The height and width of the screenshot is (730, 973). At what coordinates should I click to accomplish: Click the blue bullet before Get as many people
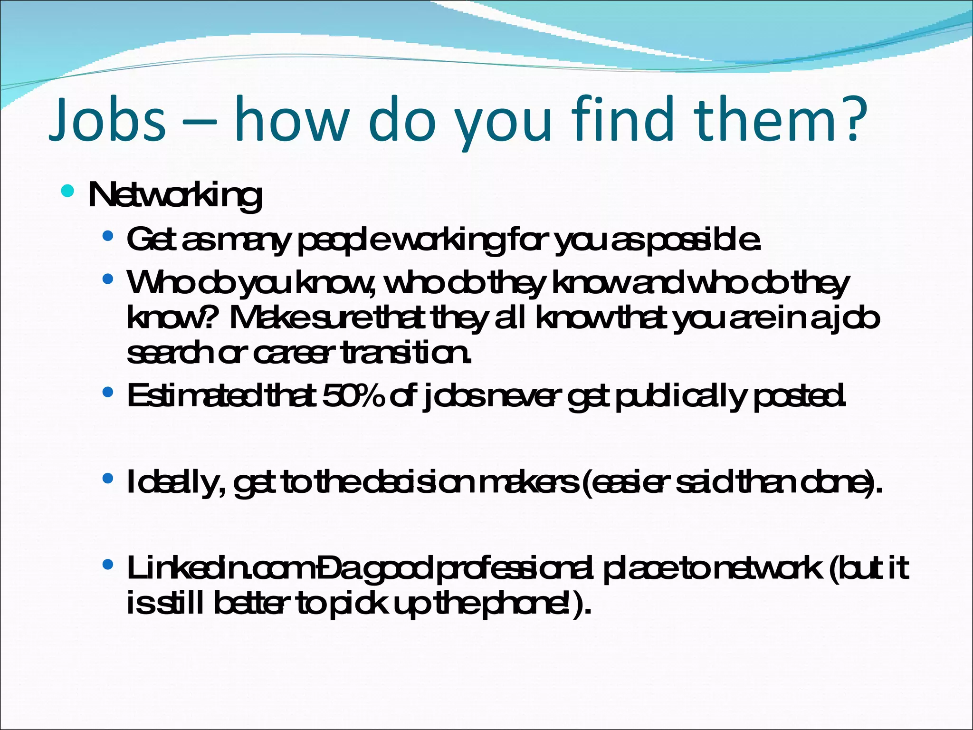click(108, 236)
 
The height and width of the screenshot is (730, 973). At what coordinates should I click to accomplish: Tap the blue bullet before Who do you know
click(108, 279)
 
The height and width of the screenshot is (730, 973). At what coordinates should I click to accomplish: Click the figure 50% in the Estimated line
click(353, 395)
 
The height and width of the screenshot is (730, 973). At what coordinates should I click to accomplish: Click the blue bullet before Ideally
click(108, 478)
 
